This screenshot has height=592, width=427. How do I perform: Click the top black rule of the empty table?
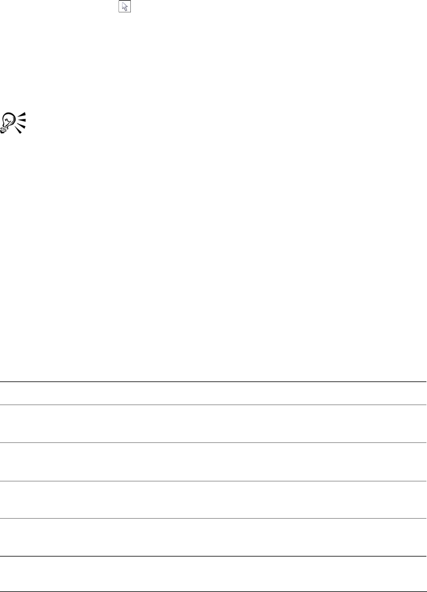point(213,382)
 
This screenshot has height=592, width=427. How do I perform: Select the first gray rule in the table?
point(213,405)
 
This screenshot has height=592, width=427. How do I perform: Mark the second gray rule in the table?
point(213,443)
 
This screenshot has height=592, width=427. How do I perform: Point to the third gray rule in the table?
point(213,481)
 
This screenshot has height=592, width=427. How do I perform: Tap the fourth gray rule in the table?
point(213,519)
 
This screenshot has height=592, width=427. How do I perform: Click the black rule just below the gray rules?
point(213,557)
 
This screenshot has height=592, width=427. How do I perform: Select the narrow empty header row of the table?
point(213,393)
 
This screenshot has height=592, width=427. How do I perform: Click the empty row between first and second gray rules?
point(213,423)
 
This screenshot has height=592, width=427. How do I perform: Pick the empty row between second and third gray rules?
point(213,462)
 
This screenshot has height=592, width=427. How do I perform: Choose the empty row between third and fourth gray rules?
point(213,500)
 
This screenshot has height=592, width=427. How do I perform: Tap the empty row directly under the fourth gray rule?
point(213,538)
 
